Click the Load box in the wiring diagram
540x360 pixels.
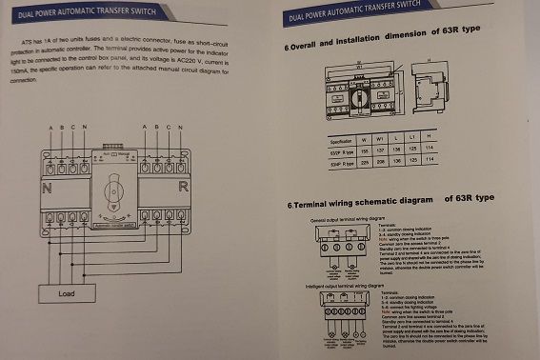pyautogui.click(x=67, y=294)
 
